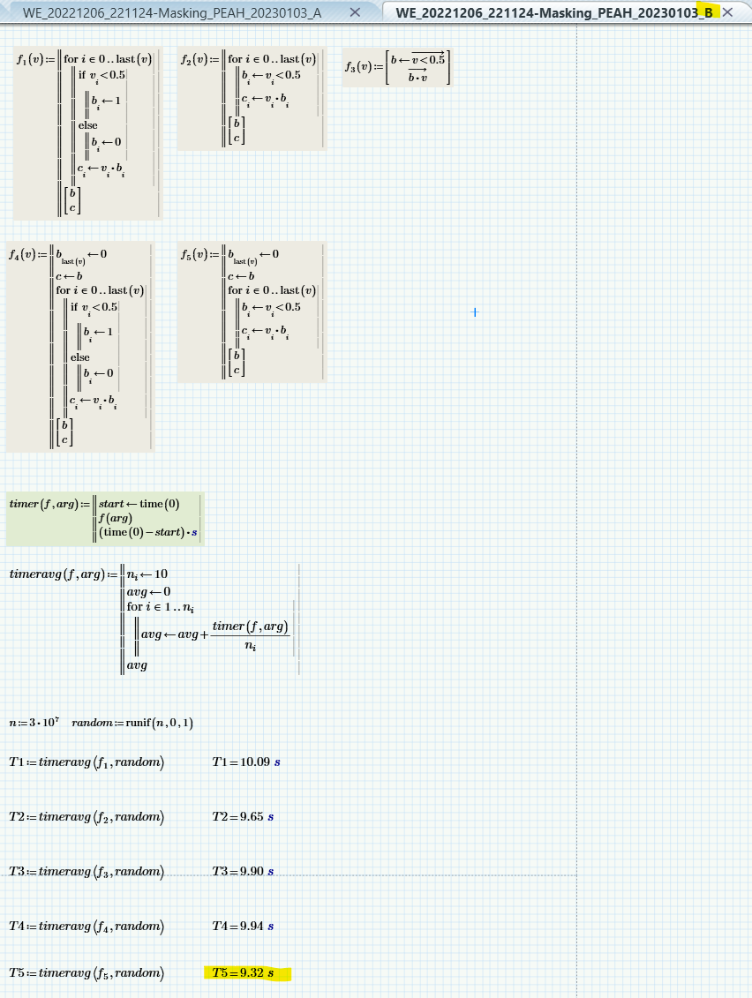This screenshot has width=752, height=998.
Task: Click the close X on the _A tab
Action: [355, 12]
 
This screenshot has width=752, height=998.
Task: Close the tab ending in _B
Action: [728, 12]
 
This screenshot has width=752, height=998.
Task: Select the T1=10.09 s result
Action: [247, 762]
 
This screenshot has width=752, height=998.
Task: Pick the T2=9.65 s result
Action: [244, 817]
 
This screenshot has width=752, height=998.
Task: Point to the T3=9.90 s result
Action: [244, 872]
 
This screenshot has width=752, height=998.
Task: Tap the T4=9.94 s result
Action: [244, 927]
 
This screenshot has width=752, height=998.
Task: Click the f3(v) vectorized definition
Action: [397, 67]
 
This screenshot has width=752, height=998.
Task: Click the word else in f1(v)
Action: [87, 125]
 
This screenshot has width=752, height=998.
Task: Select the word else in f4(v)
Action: [80, 357]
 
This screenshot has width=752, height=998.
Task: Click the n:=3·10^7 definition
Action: [34, 723]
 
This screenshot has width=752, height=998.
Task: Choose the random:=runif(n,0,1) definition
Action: [133, 723]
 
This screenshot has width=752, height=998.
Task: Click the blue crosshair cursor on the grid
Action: [475, 312]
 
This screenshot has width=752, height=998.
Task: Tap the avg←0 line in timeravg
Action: [149, 591]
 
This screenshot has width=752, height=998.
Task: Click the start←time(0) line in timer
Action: [139, 504]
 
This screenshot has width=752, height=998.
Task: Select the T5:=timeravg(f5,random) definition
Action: [86, 973]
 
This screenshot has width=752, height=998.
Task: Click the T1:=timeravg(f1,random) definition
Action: [86, 762]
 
